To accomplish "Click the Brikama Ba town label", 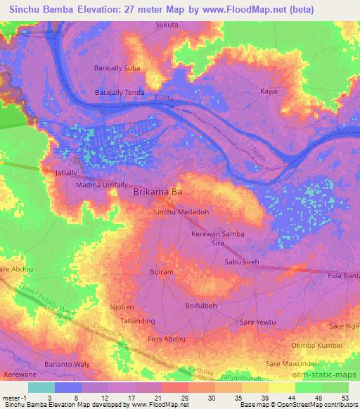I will click(x=158, y=191).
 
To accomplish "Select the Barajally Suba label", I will click(x=117, y=68).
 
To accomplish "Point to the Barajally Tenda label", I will click(x=120, y=92).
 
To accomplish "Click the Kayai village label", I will click(x=269, y=91).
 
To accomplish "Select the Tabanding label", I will click(x=138, y=321).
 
